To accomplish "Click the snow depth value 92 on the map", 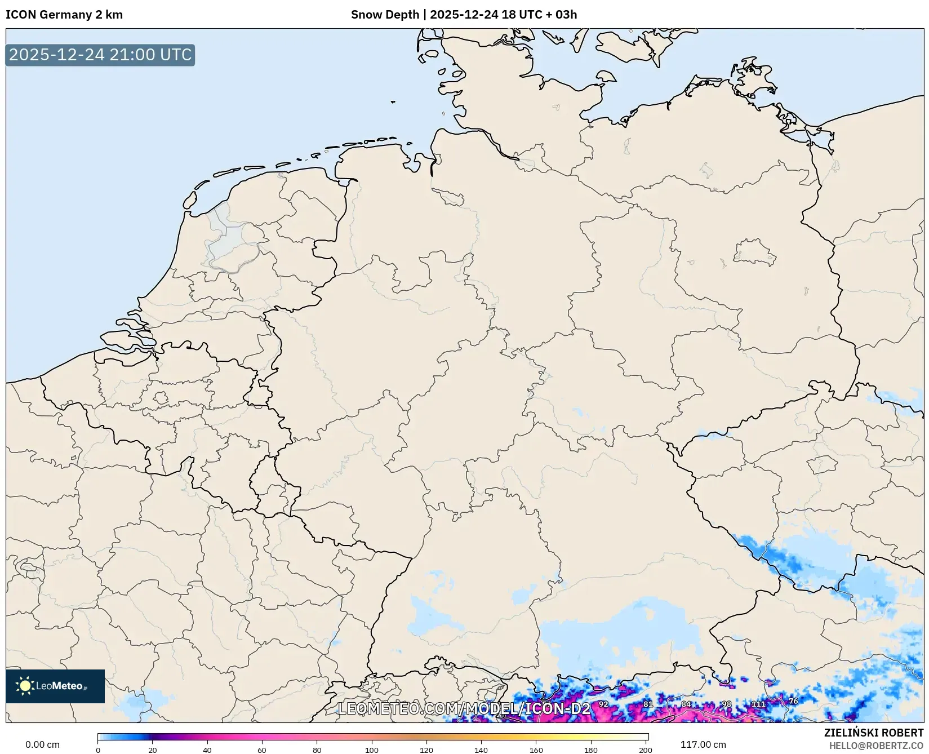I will click(603, 704).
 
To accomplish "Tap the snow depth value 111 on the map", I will click(758, 704).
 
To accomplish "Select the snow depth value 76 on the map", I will click(793, 701).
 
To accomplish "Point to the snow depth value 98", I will click(726, 704).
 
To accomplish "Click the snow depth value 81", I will click(648, 704).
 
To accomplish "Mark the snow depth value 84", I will click(686, 704).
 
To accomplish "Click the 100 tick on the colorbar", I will click(372, 749).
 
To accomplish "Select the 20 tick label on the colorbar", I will click(153, 749).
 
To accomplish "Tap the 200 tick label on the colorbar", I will click(646, 749).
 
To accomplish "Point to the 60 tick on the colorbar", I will click(262, 749).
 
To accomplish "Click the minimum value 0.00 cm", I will click(43, 744).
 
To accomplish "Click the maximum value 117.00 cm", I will click(703, 744).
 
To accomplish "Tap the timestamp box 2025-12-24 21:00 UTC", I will click(100, 55).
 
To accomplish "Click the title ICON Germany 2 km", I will click(64, 15).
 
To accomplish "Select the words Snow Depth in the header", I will click(385, 15).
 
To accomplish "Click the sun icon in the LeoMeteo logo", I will click(25, 686).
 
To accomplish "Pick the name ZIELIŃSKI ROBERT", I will click(873, 733).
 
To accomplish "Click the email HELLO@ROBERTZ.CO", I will click(876, 746).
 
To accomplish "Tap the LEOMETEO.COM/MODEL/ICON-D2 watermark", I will click(464, 708).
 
